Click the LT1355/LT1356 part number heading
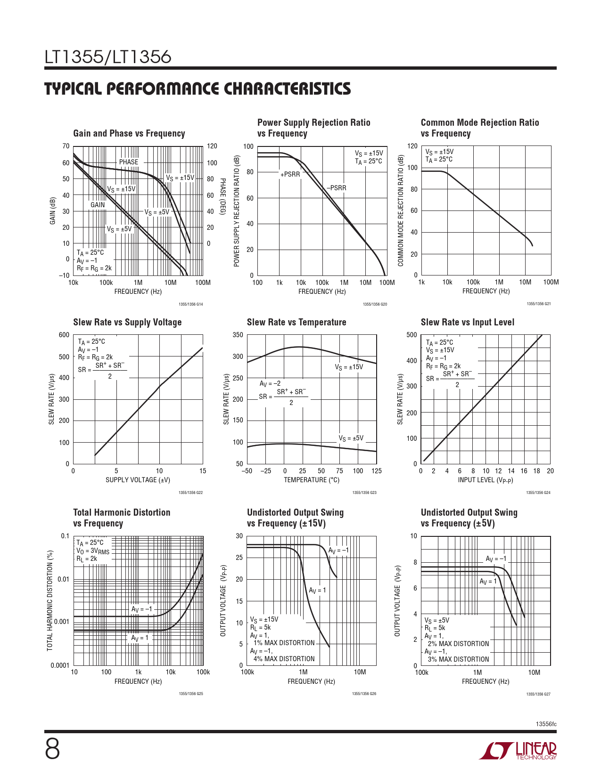coord(107,57)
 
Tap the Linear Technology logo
coord(518,751)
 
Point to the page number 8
coord(52,750)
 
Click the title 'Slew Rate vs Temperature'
coord(296,322)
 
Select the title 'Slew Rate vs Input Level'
coord(467,322)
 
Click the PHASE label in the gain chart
coord(129,162)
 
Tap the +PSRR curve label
coord(290,174)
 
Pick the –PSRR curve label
coord(337,188)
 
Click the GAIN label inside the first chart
coord(98,205)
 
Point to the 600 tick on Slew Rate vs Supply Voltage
coord(64,335)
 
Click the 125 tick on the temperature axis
coord(376,471)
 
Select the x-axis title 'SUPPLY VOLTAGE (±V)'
coord(138,480)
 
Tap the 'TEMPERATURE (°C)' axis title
coord(312,480)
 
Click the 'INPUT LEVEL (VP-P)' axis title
coord(485,480)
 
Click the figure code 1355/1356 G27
coord(538,694)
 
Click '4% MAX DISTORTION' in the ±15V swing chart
coord(284,659)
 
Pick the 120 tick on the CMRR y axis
coord(412,146)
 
